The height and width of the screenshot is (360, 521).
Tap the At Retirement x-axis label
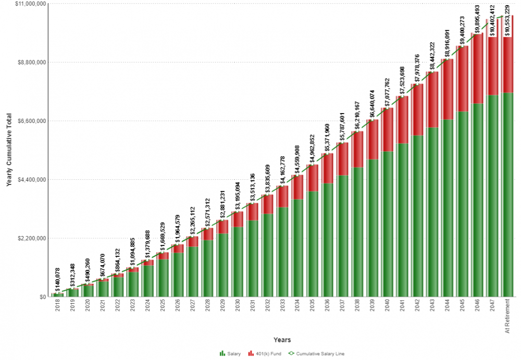pyautogui.click(x=508, y=315)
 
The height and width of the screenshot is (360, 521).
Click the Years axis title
pyautogui.click(x=282, y=340)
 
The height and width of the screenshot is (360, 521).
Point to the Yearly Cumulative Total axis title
pyautogui.click(x=9, y=150)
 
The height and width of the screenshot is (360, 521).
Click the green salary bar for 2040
pyautogui.click(x=387, y=224)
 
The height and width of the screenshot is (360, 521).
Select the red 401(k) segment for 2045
pyautogui.click(x=462, y=79)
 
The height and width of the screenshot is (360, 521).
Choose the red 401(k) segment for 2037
pyautogui.click(x=342, y=159)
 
